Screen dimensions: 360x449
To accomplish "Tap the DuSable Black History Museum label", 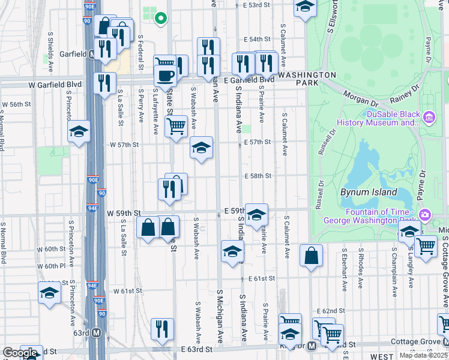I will (x=384, y=118).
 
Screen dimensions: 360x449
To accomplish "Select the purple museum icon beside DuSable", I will (x=429, y=116).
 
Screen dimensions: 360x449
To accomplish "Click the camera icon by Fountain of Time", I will (x=424, y=214).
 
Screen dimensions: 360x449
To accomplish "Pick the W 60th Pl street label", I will (x=50, y=266).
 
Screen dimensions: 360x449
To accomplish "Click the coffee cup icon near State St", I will (x=165, y=76).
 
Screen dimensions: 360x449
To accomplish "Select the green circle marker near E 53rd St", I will (x=160, y=18).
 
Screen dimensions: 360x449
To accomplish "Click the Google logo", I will (x=20, y=353).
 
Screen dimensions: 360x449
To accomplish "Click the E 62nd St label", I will (x=332, y=311).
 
